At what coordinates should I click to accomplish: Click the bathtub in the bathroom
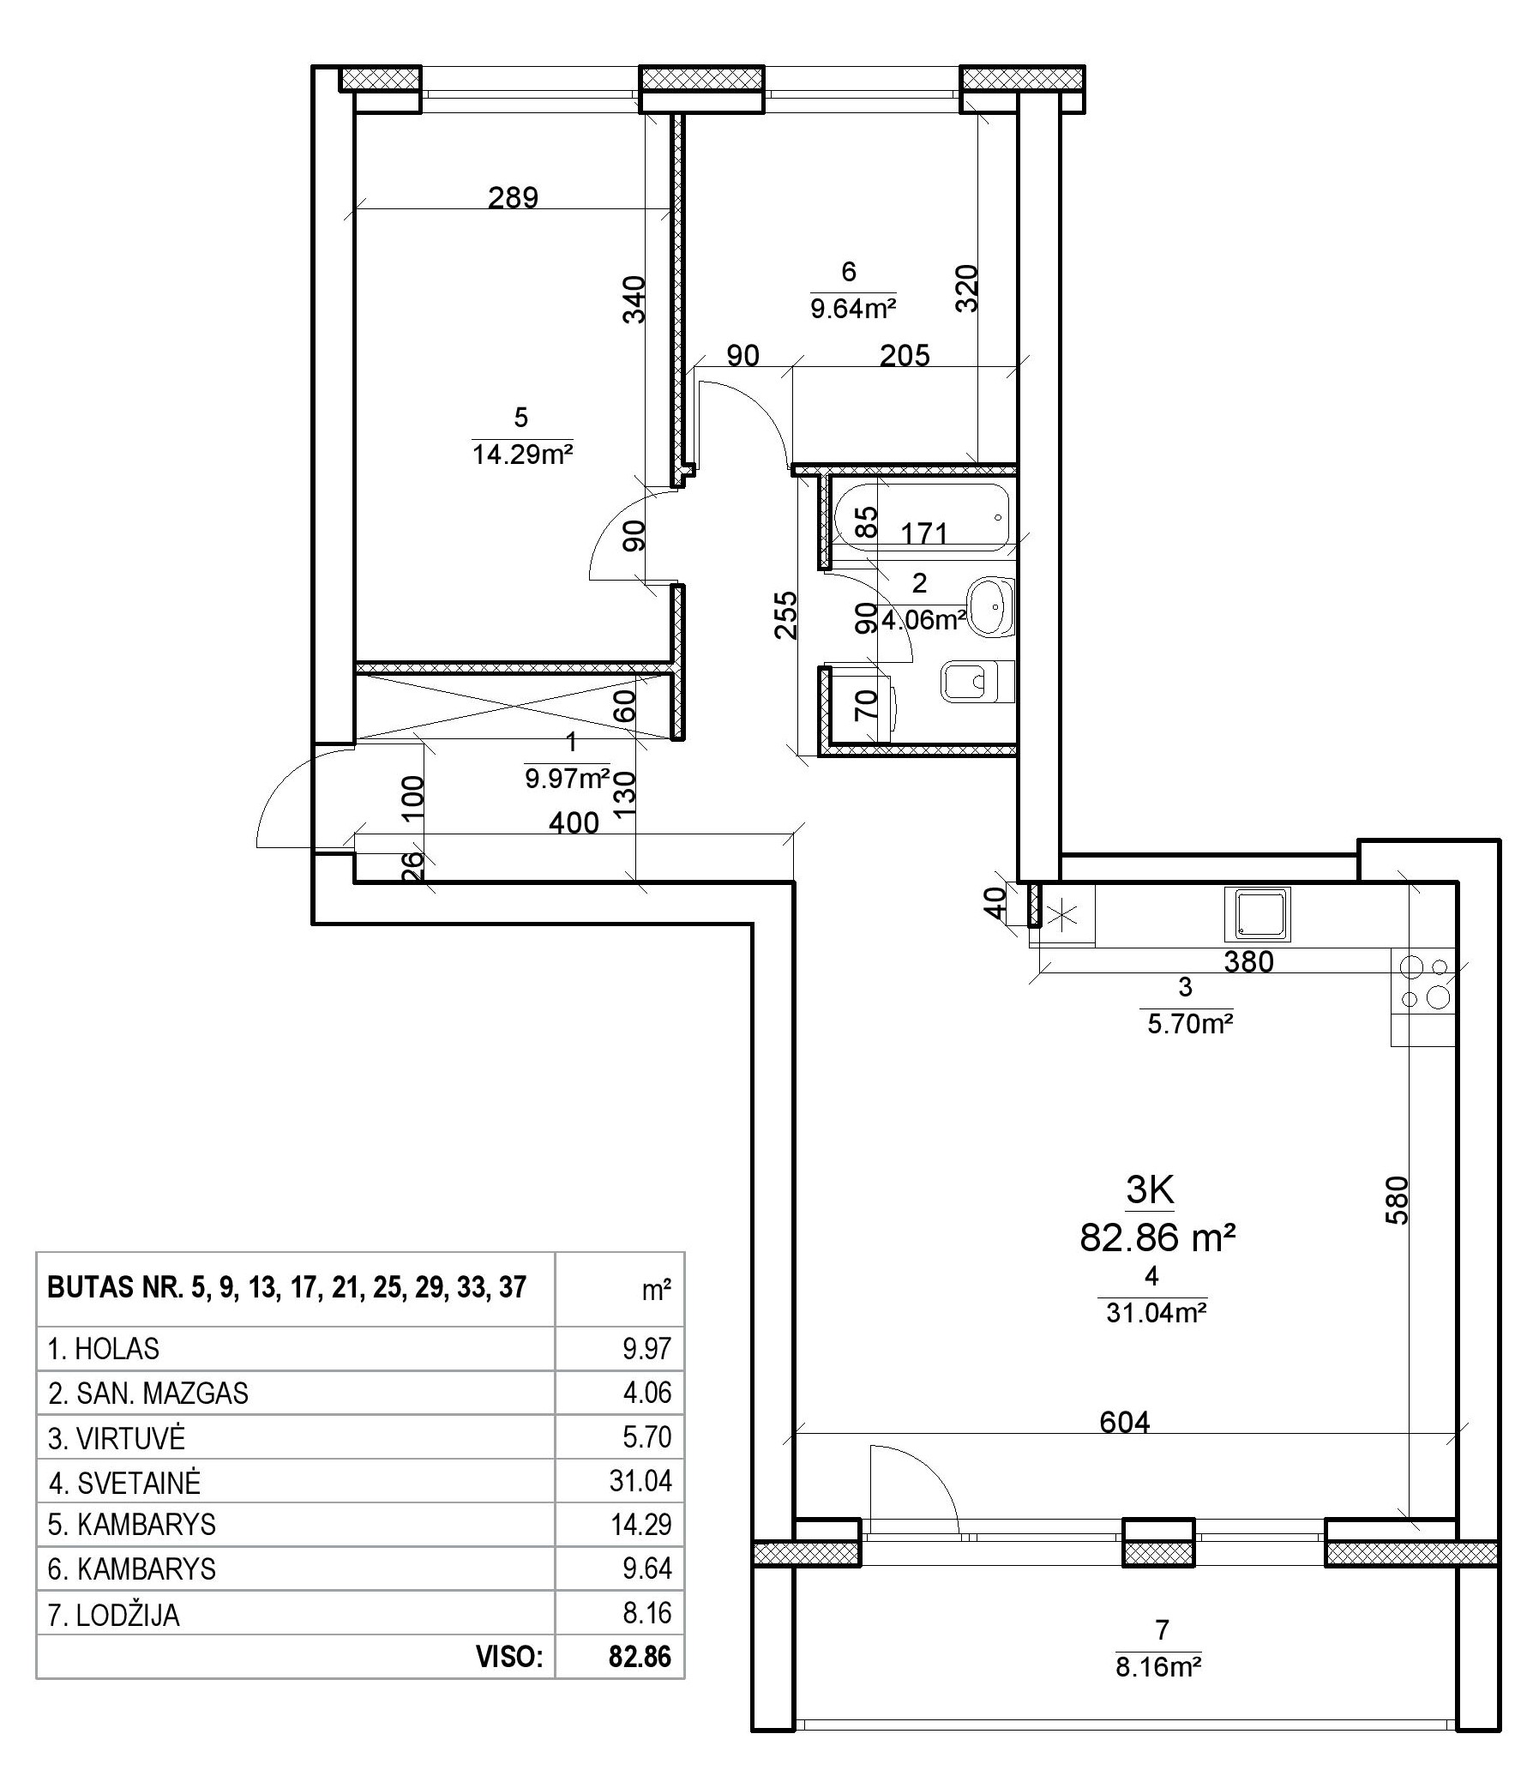click(924, 519)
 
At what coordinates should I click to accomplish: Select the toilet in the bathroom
click(978, 681)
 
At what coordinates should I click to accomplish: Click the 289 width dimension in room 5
click(513, 198)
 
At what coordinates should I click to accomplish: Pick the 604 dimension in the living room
click(1125, 1423)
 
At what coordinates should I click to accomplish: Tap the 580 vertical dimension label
click(1398, 1200)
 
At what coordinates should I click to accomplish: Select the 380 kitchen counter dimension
click(1248, 961)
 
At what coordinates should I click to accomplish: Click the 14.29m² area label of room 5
click(522, 454)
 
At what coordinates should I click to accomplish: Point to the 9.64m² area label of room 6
click(854, 308)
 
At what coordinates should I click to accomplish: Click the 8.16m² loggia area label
click(1158, 1667)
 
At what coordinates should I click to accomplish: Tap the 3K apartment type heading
click(1151, 1191)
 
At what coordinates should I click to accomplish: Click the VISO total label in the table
click(510, 1658)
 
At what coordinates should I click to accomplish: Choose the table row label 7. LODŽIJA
click(114, 1614)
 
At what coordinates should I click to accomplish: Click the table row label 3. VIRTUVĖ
click(117, 1437)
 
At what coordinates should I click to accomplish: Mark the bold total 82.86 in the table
click(640, 1658)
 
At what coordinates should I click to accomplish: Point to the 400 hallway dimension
click(574, 822)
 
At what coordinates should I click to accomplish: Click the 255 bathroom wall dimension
click(785, 614)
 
